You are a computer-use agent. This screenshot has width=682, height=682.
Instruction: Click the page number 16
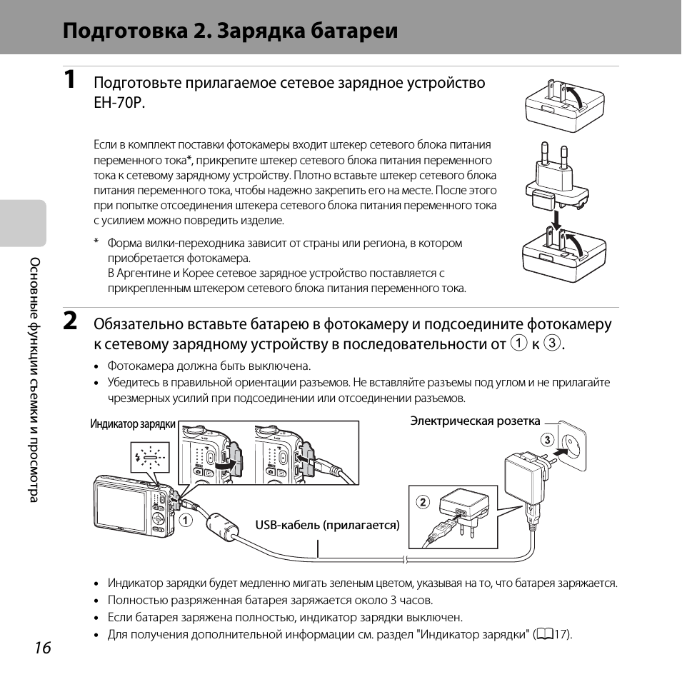(43, 648)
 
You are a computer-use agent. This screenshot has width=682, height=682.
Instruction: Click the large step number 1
(69, 79)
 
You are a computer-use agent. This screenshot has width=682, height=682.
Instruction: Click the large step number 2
(71, 321)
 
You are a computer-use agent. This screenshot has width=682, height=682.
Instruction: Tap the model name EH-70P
(119, 103)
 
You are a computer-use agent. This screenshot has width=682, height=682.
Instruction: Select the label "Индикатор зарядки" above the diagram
(133, 424)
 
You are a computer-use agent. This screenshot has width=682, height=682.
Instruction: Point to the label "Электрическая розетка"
(475, 421)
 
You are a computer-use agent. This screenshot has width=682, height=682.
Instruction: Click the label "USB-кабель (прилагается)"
(327, 525)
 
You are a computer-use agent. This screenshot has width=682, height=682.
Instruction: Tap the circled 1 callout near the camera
(186, 520)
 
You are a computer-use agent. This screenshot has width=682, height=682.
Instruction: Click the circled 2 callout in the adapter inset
(423, 502)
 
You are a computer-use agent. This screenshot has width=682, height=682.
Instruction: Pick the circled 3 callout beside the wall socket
(547, 440)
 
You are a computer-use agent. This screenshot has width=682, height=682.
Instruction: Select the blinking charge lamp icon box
(150, 457)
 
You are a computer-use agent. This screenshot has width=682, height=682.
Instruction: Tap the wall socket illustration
(573, 445)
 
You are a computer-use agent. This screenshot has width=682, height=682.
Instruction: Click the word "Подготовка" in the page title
(125, 31)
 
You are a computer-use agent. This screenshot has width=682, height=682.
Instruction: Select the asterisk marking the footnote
(96, 241)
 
